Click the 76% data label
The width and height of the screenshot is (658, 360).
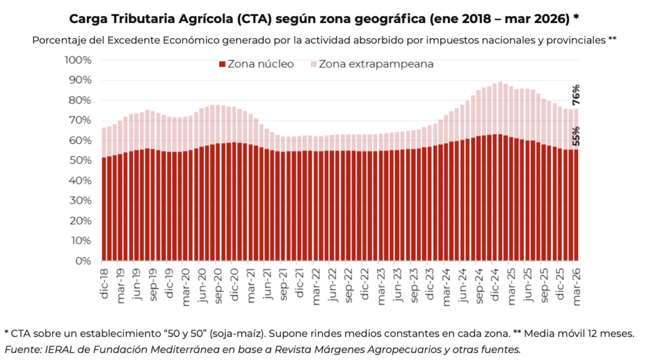(576, 94)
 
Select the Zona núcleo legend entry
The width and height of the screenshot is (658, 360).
(256, 64)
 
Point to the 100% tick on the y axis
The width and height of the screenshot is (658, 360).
(78, 60)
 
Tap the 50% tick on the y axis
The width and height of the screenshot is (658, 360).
(80, 160)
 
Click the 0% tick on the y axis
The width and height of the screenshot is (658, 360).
(84, 261)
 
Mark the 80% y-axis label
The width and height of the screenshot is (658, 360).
(80, 100)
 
